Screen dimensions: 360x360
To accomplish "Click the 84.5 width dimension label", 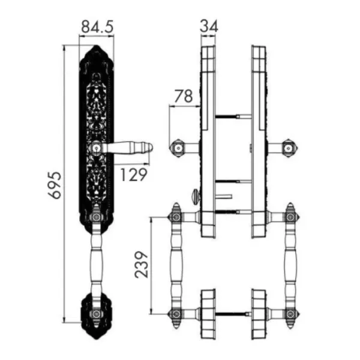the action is pos(97,26).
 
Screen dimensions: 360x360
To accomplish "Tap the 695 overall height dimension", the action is pos(55,185).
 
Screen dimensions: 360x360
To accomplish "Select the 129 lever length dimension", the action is pos(133,175).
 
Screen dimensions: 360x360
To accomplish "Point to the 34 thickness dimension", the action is pos(209,26).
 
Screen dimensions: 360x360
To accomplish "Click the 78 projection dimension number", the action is pos(184,96).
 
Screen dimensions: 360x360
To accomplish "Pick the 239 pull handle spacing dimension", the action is pos(142,265).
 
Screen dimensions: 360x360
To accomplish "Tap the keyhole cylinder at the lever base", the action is pos(96,148).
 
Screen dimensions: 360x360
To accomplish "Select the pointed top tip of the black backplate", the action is pos(97,46).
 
